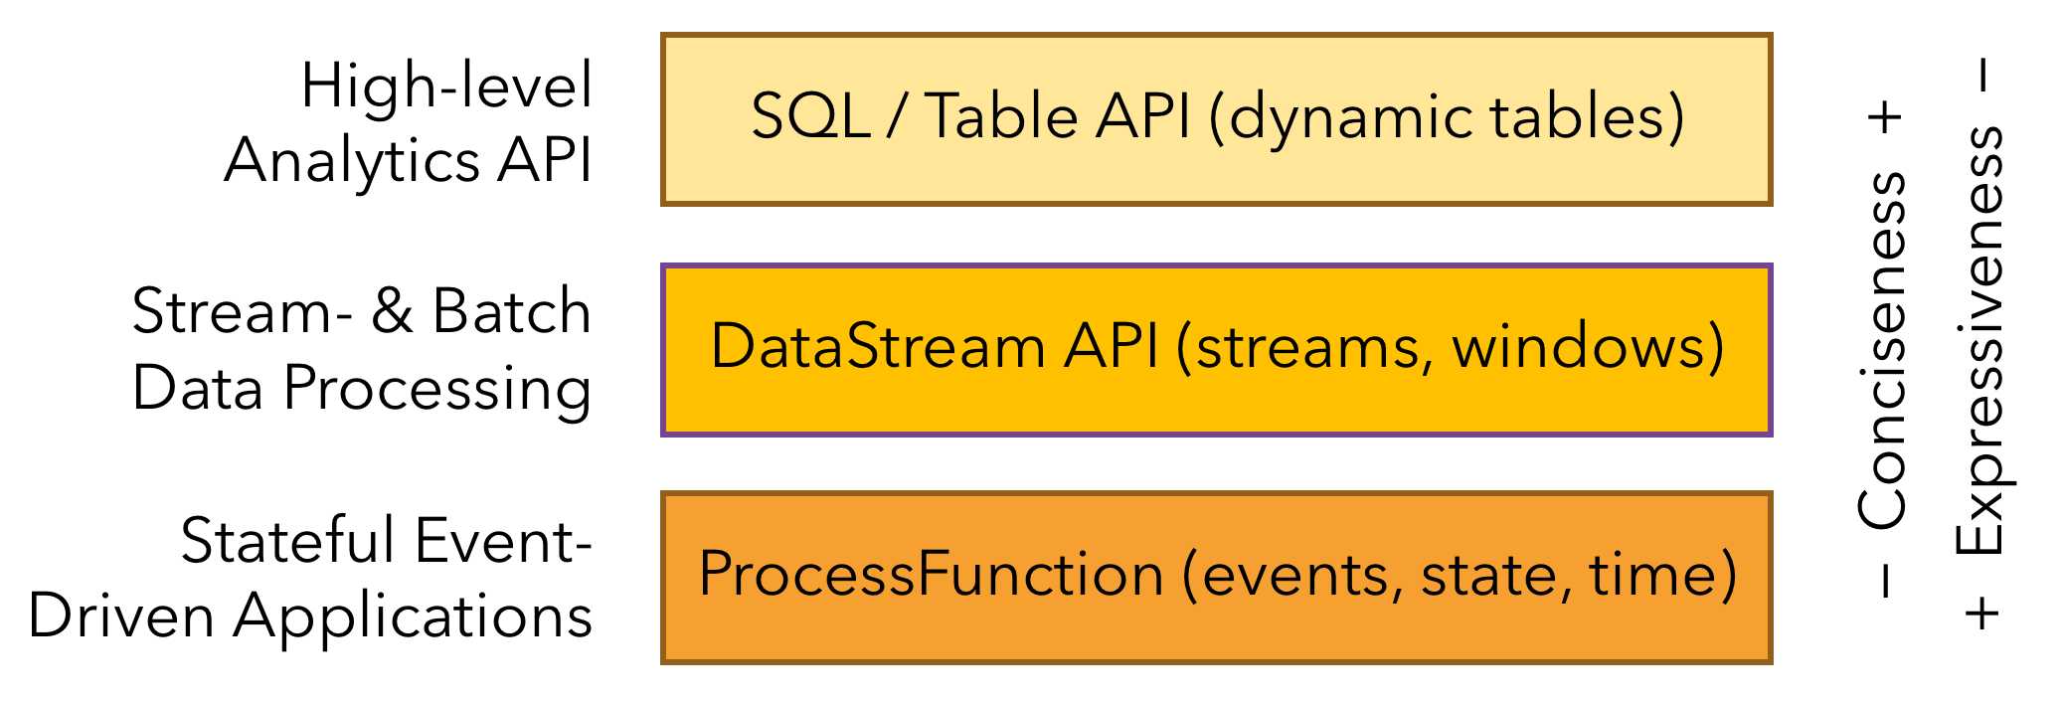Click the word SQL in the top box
click(810, 116)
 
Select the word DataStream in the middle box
click(877, 347)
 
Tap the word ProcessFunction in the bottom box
click(931, 575)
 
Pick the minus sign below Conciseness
click(1885, 582)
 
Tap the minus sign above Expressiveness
click(1982, 76)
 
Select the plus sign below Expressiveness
click(1982, 613)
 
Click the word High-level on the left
click(446, 86)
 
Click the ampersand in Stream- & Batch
click(393, 311)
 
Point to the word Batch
click(511, 311)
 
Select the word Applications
click(413, 618)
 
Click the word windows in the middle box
click(1587, 347)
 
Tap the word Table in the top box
click(1002, 116)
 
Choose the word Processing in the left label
click(436, 390)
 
